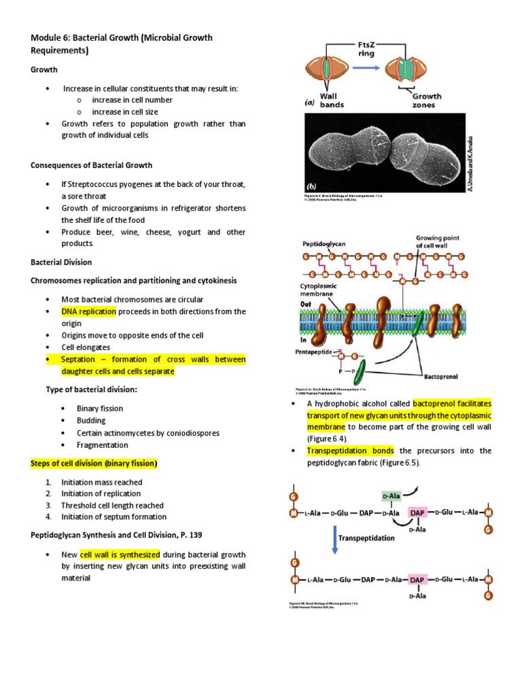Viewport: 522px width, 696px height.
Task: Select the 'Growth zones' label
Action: (427, 101)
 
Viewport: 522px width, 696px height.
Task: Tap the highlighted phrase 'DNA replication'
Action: (88, 311)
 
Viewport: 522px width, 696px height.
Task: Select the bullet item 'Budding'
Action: (92, 421)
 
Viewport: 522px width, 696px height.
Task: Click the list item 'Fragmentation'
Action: (102, 445)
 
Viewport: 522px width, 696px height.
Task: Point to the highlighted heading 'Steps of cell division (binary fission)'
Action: (94, 464)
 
